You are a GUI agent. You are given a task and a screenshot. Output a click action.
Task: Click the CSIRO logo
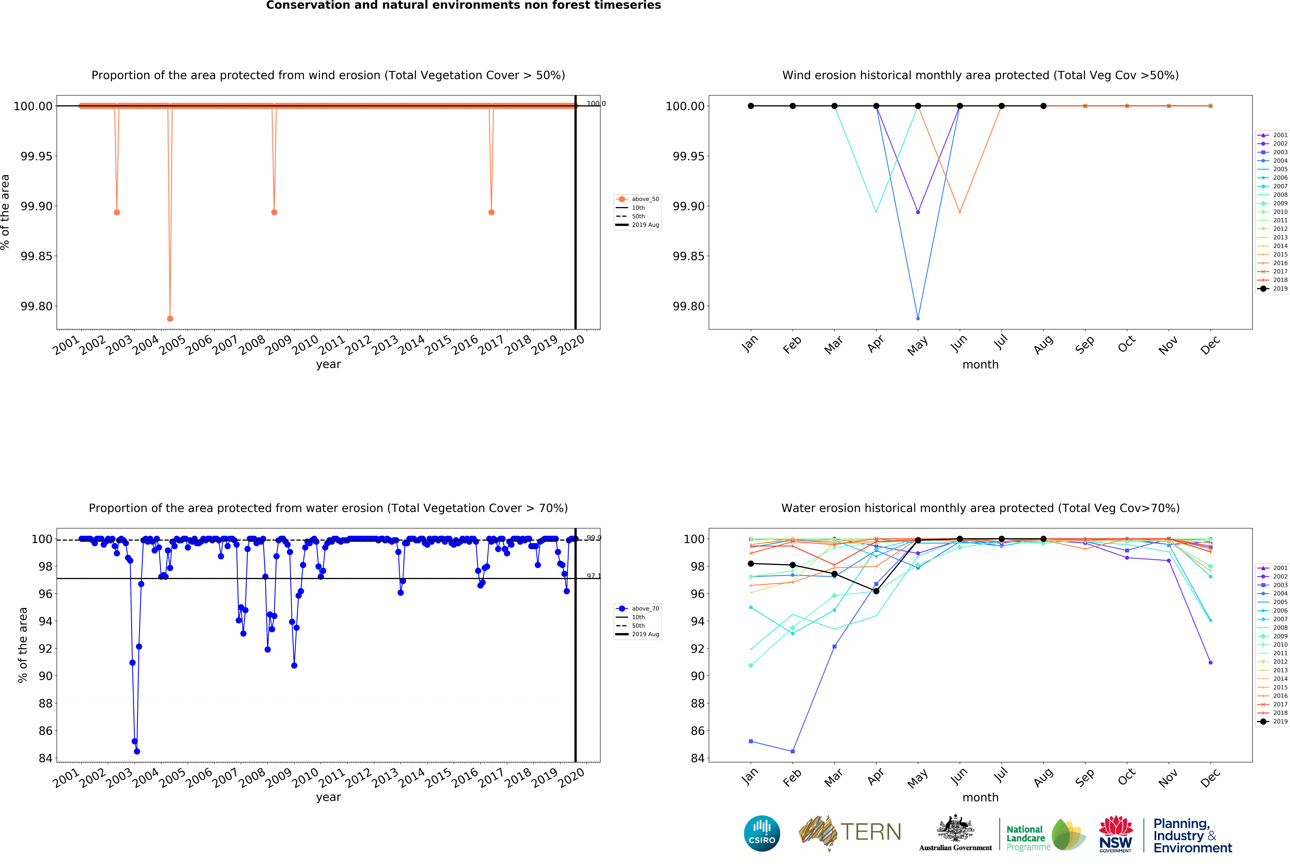click(762, 833)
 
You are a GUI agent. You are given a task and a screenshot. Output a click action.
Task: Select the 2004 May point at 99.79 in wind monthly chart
click(918, 318)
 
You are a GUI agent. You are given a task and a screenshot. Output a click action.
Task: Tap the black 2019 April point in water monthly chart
click(876, 591)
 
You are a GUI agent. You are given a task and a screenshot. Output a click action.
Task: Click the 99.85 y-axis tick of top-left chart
click(37, 256)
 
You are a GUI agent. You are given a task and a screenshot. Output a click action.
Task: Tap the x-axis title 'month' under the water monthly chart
click(980, 797)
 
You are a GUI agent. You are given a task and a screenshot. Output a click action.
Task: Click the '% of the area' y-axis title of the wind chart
click(6, 212)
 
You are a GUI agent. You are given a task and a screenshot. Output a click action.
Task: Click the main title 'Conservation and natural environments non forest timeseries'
click(463, 6)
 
